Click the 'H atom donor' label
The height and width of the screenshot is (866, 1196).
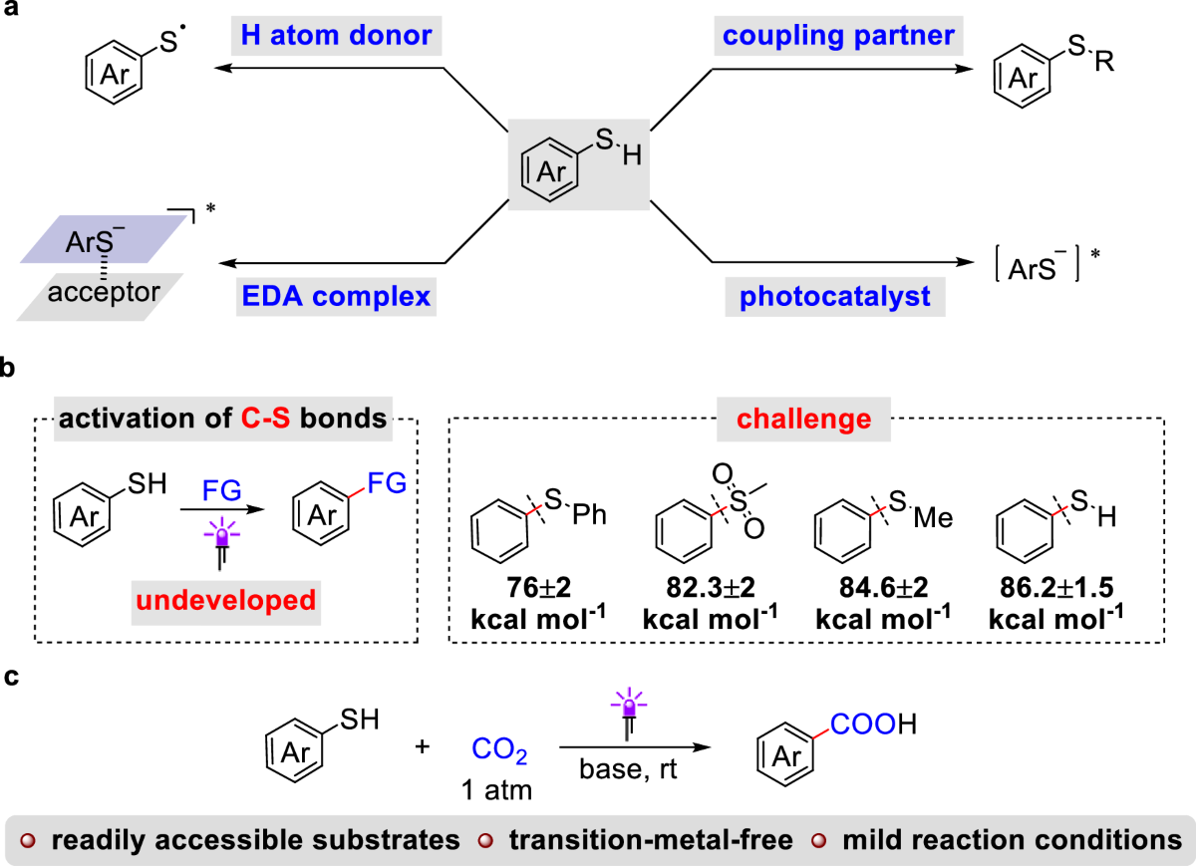tap(336, 38)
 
